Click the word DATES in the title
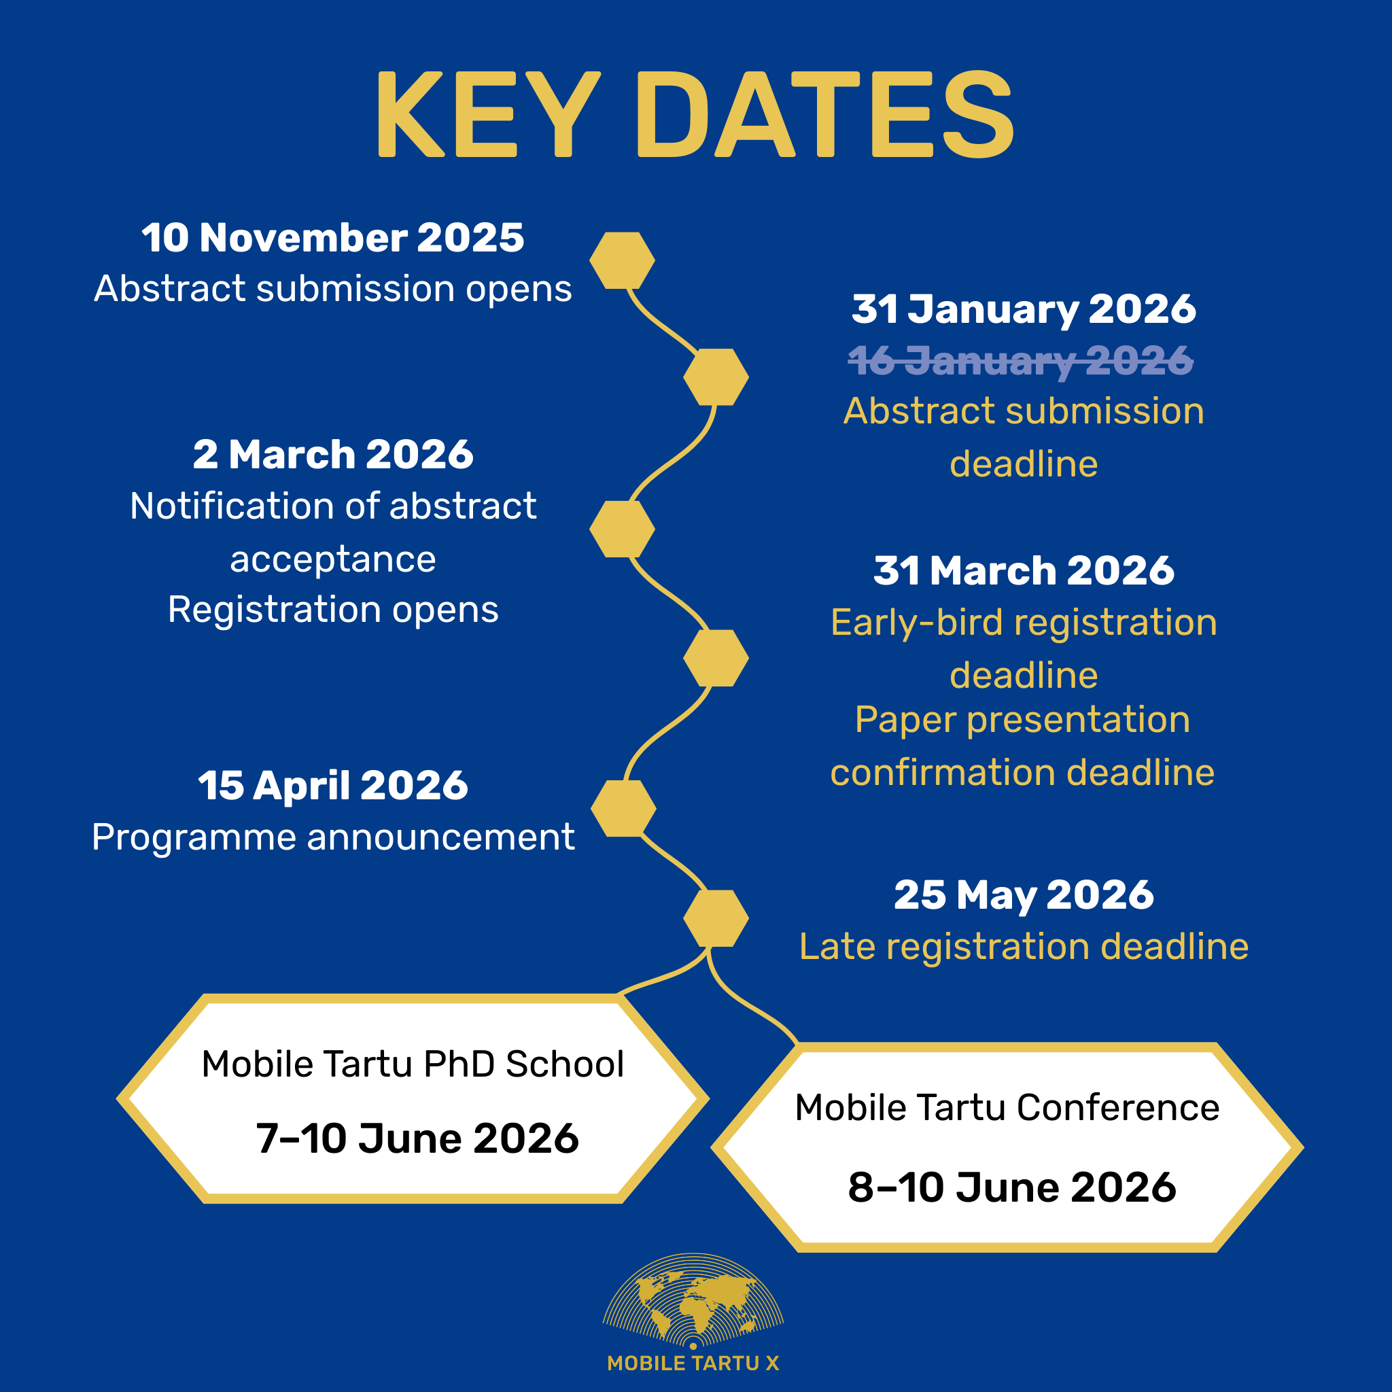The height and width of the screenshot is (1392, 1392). (x=826, y=114)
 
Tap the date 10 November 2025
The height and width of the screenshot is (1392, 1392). (x=333, y=238)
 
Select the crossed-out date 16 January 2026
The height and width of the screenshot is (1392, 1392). (x=1020, y=360)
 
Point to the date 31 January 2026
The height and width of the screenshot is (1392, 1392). (x=1024, y=310)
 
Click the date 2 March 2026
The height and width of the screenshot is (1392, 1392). (x=333, y=455)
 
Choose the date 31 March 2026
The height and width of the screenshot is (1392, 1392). (x=1024, y=571)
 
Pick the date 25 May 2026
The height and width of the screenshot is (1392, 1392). (x=1024, y=896)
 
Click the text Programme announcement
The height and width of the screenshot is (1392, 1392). (x=333, y=837)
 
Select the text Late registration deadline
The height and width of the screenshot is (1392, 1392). (x=1024, y=947)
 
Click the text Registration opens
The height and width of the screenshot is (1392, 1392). (x=333, y=610)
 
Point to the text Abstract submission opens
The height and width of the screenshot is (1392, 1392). (x=333, y=289)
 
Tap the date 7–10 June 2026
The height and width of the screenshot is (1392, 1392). (x=417, y=1139)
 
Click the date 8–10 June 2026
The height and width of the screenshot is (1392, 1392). (x=1012, y=1187)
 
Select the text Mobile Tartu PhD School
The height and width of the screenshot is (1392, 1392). (x=413, y=1064)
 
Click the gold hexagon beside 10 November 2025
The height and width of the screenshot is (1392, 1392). (x=622, y=260)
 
